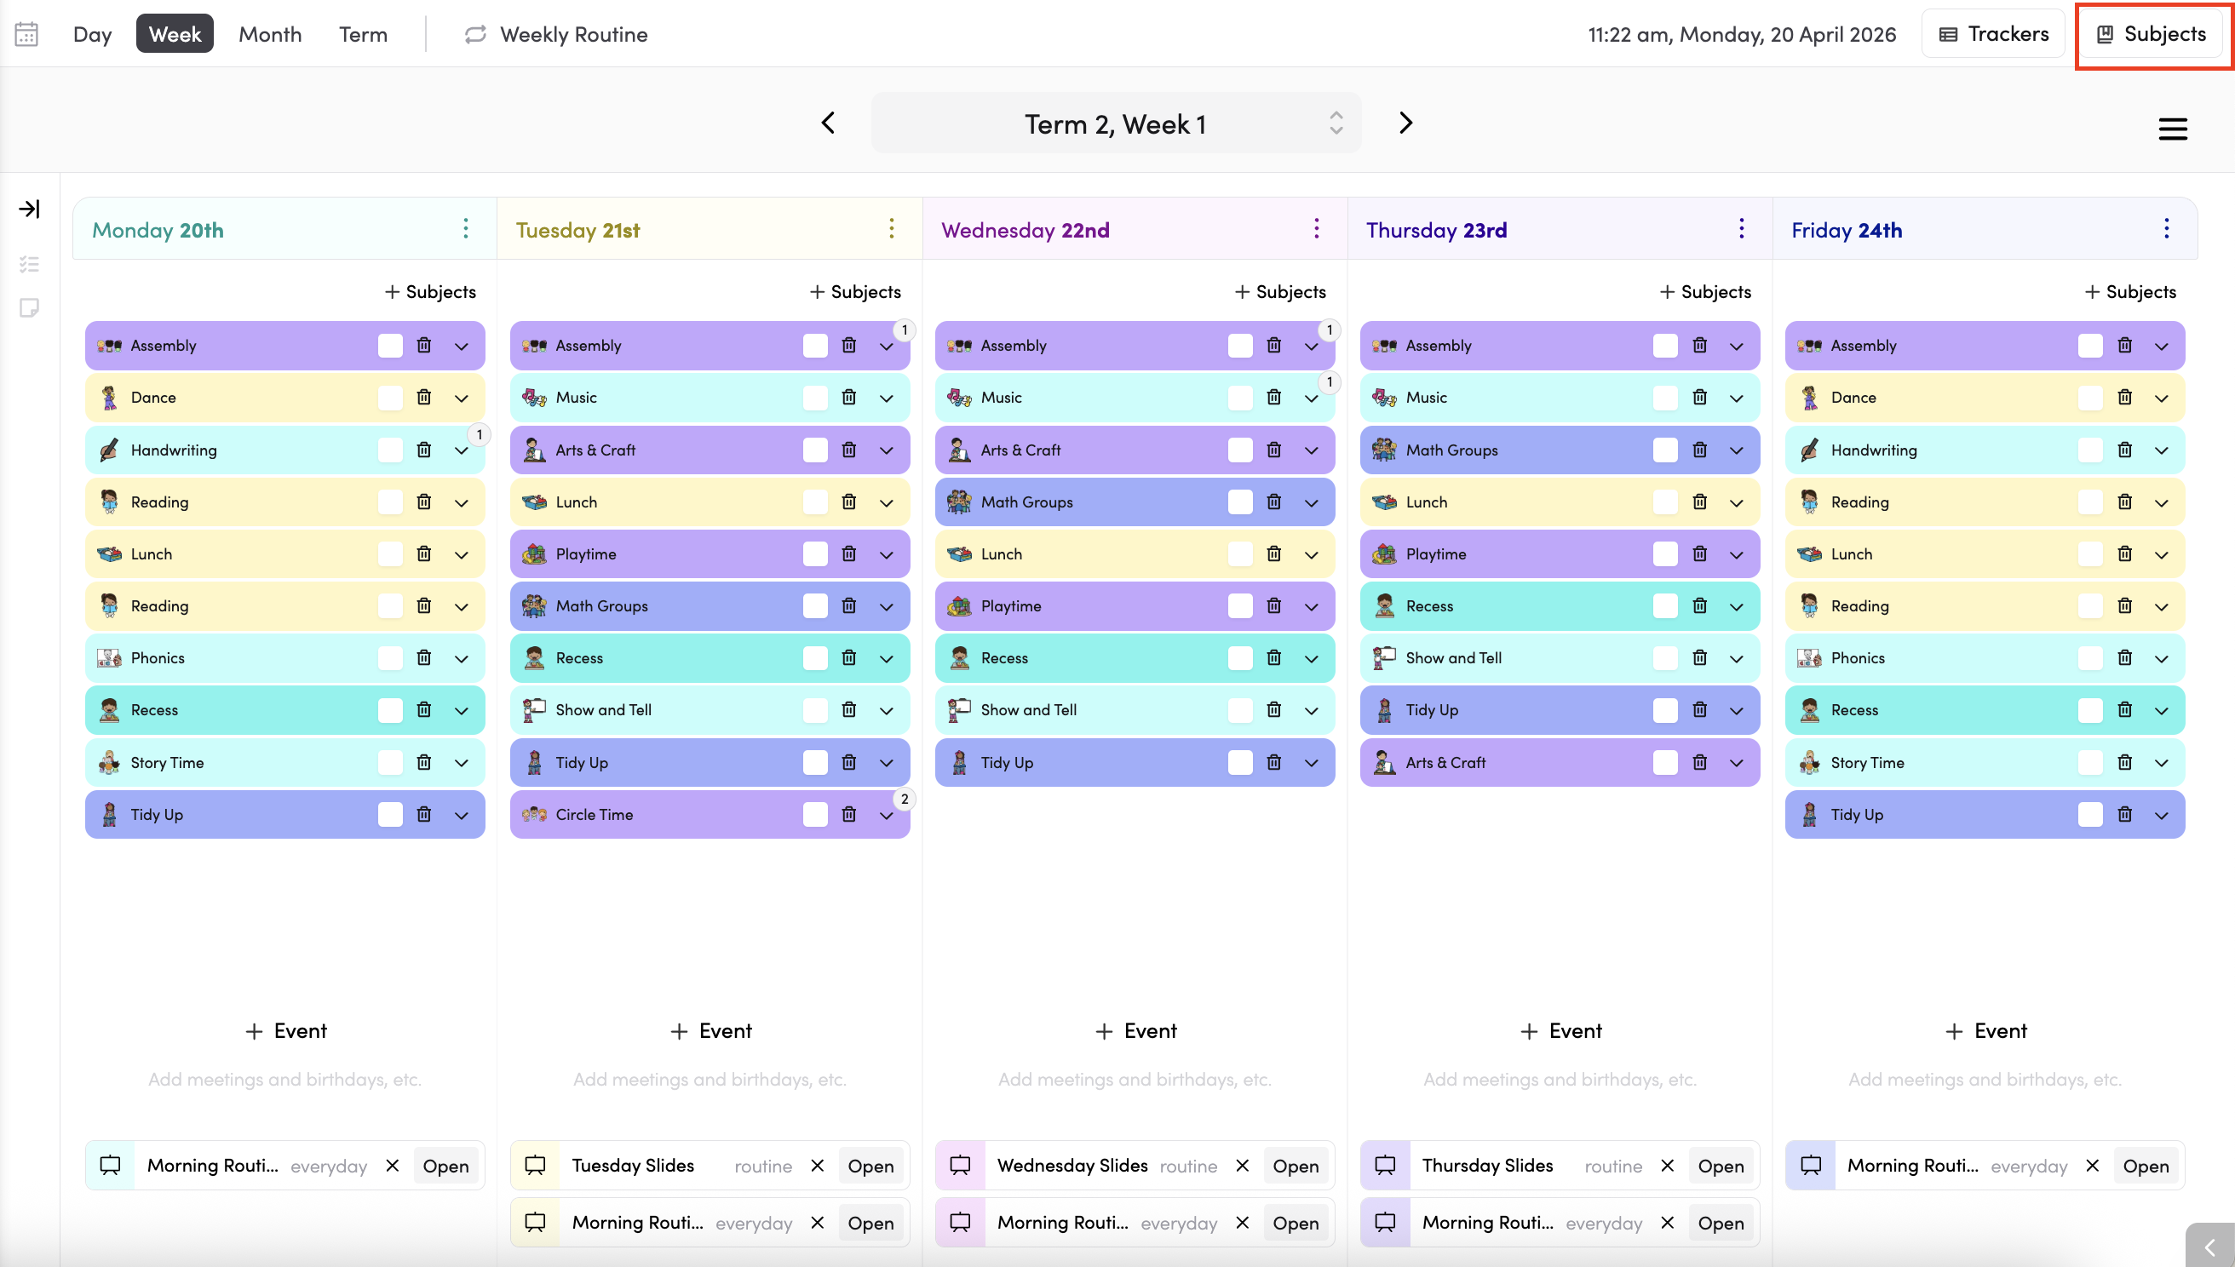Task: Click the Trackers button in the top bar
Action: click(x=1993, y=34)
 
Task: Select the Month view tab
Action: click(x=270, y=34)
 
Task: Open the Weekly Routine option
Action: click(x=556, y=34)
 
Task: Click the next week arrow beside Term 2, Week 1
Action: click(x=1405, y=123)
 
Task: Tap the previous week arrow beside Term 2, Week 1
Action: click(x=828, y=123)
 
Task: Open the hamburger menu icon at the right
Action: click(x=2172, y=129)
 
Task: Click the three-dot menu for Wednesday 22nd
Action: click(x=1316, y=229)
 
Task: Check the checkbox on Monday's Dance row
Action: click(x=390, y=398)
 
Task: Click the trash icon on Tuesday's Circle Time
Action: click(x=848, y=815)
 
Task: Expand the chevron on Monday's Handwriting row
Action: click(x=462, y=450)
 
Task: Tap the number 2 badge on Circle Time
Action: click(x=905, y=799)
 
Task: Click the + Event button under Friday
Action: click(x=1985, y=1031)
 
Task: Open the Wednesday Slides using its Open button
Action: click(x=1295, y=1166)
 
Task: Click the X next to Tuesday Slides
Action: click(x=817, y=1166)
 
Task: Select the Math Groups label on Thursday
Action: click(x=1451, y=450)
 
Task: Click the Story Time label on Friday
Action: click(x=1867, y=762)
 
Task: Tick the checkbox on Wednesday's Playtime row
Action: click(x=1239, y=606)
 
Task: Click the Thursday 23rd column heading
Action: click(x=1436, y=230)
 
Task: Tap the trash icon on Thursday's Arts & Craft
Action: click(x=1699, y=762)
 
